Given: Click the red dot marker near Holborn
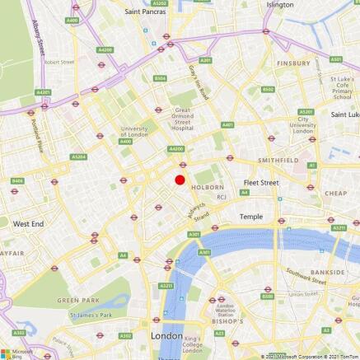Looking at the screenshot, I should coord(180,180).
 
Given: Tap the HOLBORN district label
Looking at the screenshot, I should coord(208,187).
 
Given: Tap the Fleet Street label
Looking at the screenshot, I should coord(261,182).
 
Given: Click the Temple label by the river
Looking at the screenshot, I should coord(250,216).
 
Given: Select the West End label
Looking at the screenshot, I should coord(29,223).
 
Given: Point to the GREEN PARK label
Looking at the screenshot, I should coord(78,301).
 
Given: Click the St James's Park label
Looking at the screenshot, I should coord(91,315).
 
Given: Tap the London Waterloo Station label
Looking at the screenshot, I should coord(225,310).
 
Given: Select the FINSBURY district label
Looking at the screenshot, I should coord(293,63).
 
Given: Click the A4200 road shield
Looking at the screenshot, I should coord(175,149).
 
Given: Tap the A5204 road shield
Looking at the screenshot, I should coord(79,157).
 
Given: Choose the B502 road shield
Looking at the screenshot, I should coord(268,90).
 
